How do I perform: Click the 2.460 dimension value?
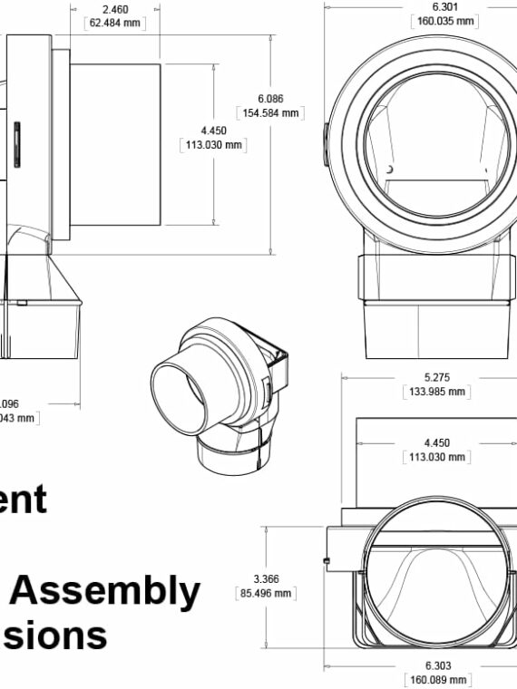tap(114, 9)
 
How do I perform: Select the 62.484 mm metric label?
tap(114, 23)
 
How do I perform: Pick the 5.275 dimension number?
tap(434, 378)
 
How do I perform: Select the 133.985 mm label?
tap(434, 392)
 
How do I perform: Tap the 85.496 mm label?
tap(266, 593)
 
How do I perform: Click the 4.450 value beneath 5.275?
tap(436, 443)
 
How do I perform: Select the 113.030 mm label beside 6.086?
tap(214, 144)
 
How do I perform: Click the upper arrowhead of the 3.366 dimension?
tap(266, 529)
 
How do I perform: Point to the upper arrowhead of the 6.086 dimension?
tap(271, 38)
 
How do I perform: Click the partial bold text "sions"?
tap(54, 636)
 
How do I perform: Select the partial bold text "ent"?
tap(23, 500)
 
